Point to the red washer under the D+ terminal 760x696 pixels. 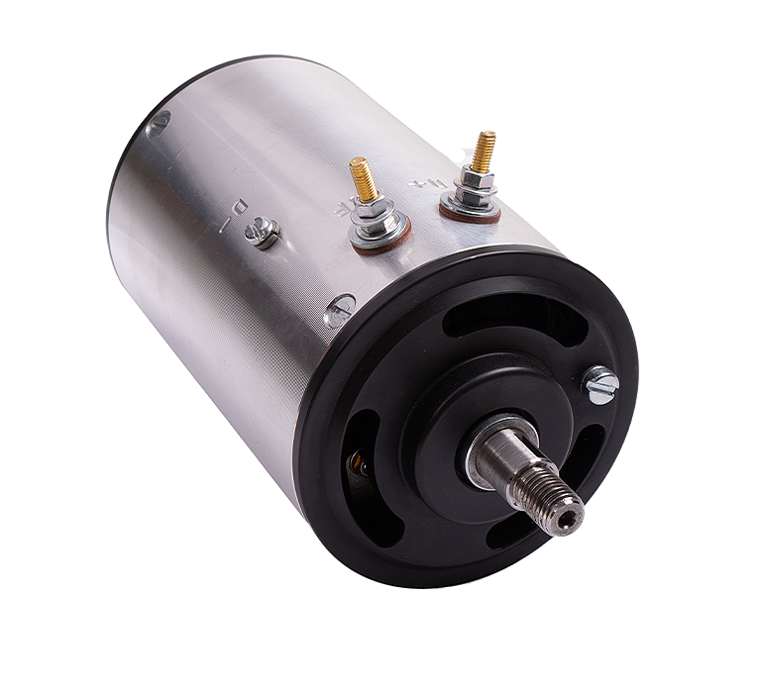coord(471,213)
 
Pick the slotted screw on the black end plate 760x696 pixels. coord(601,384)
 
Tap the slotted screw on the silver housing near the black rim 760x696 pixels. coord(339,311)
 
